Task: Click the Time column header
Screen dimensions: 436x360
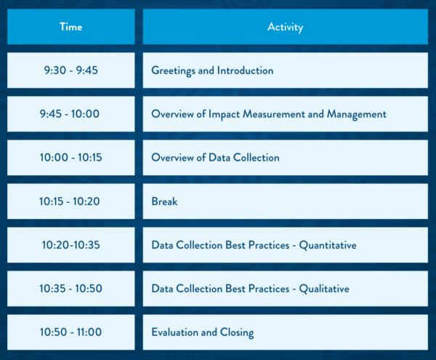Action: click(71, 27)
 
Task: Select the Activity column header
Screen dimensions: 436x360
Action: click(286, 27)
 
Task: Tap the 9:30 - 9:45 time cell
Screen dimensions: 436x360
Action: click(71, 71)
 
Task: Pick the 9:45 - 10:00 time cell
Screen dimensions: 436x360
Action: click(71, 114)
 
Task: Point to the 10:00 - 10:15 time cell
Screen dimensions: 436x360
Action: click(71, 158)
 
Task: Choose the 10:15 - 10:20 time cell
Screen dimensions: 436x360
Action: click(71, 201)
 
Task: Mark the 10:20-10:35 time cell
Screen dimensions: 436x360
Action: click(71, 245)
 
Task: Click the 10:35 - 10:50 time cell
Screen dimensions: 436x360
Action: click(71, 289)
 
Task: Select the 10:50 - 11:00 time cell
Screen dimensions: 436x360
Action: click(71, 332)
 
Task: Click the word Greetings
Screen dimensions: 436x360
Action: click(173, 71)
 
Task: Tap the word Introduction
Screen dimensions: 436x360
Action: click(246, 71)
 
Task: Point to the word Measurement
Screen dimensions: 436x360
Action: click(274, 114)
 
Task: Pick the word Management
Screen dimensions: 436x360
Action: click(357, 115)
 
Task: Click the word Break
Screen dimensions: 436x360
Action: click(164, 201)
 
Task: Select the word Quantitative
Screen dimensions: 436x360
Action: click(328, 245)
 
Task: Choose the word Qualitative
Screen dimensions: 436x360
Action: click(324, 289)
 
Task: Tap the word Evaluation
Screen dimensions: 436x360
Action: click(174, 332)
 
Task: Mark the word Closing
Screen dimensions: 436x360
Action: click(237, 333)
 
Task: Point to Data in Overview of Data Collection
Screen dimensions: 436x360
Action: click(219, 158)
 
